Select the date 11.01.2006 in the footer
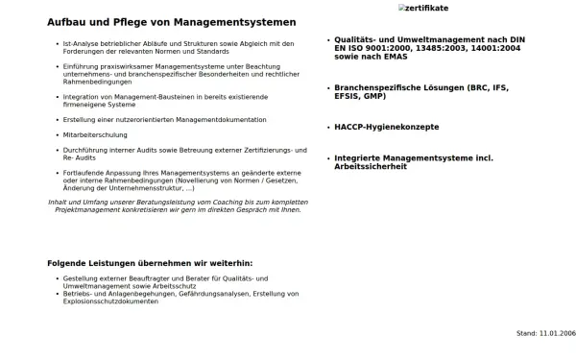click(x=558, y=332)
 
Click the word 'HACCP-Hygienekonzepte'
click(x=386, y=127)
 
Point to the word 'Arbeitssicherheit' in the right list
click(x=371, y=167)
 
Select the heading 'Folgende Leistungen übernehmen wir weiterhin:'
click(x=150, y=263)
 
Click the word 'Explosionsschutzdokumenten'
click(x=110, y=301)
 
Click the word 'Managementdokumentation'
click(x=230, y=119)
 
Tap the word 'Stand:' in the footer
click(x=527, y=332)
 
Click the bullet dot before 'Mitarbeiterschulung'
click(x=57, y=135)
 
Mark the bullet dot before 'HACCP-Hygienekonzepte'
click(x=326, y=127)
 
